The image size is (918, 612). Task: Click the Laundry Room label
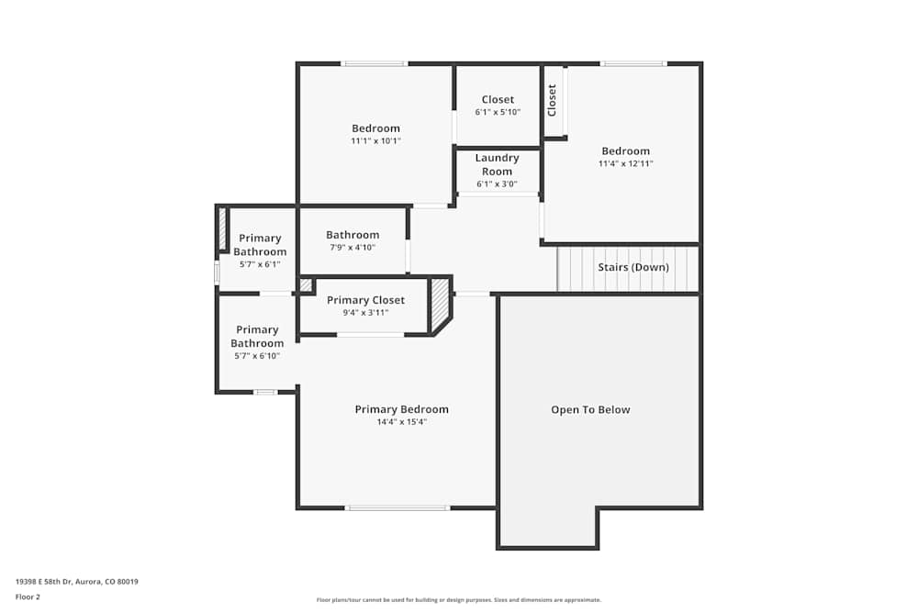click(x=497, y=164)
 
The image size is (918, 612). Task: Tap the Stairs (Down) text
click(x=633, y=267)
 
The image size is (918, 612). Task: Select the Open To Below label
click(x=590, y=409)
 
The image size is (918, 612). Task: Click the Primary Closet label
click(x=365, y=300)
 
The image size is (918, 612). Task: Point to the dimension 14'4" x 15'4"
click(x=401, y=422)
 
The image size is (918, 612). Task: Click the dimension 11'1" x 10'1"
click(x=375, y=141)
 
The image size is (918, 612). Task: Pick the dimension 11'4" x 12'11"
click(x=625, y=163)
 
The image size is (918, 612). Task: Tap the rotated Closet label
click(x=552, y=100)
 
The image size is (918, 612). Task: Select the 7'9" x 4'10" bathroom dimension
click(x=352, y=248)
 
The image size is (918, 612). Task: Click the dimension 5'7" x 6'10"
click(x=257, y=356)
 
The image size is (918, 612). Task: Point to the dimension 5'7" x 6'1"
click(x=260, y=264)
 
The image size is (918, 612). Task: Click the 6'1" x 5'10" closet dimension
click(x=498, y=112)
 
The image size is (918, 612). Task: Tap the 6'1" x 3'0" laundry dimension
click(x=497, y=184)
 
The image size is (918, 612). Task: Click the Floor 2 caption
click(x=28, y=596)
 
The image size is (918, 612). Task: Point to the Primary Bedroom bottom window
click(x=397, y=507)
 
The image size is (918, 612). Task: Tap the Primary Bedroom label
click(x=401, y=409)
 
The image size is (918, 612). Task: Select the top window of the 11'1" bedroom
click(x=374, y=63)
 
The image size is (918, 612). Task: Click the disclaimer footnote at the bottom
click(x=459, y=600)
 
